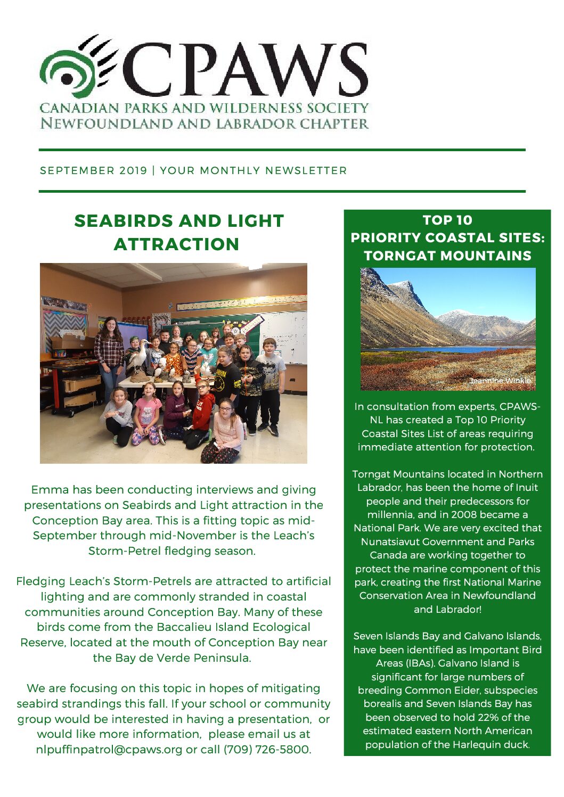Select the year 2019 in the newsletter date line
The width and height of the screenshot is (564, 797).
[x=133, y=170]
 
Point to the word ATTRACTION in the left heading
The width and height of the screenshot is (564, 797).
[x=176, y=244]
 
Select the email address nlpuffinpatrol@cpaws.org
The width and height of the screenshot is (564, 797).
[x=109, y=750]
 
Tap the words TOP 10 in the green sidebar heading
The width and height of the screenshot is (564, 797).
[x=447, y=220]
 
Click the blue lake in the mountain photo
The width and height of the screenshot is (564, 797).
[x=447, y=349]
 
